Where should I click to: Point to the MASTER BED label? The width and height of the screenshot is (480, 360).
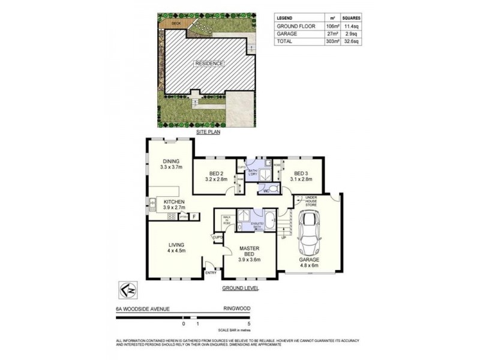coord(249,253)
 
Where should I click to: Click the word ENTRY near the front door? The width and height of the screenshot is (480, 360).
coord(211,274)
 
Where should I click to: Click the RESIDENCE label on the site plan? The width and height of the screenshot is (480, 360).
coord(208,63)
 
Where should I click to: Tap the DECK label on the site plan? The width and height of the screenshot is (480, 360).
coord(176,23)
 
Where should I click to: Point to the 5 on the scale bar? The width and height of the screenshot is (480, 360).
coord(249,323)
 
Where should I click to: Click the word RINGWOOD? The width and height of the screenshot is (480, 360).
coord(236,309)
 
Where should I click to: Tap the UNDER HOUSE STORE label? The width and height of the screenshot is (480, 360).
coord(310,201)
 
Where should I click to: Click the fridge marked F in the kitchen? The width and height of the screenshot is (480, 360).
coord(193,216)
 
